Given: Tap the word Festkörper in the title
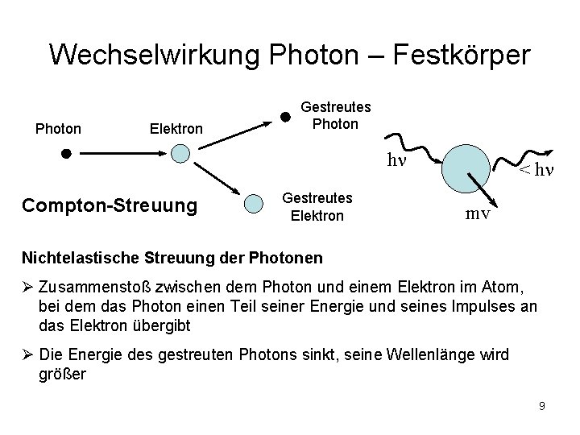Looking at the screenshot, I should [462, 55].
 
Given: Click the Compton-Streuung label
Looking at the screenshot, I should [110, 205].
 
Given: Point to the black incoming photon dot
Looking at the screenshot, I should [68, 152].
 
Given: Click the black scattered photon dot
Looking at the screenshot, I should [284, 115].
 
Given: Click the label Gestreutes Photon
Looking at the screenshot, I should [335, 115].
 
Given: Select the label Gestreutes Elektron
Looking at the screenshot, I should [317, 206].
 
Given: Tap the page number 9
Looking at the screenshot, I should [542, 406].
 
